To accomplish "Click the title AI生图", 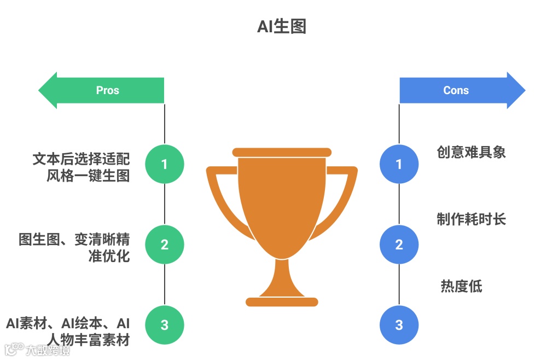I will [x=281, y=27].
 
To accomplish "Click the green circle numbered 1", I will [x=165, y=164].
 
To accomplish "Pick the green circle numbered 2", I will [x=165, y=245].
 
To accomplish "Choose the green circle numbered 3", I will [x=165, y=325].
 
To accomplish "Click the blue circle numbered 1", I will [x=399, y=164].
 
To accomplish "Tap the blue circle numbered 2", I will [x=399, y=245].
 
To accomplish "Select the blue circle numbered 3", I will [x=399, y=325].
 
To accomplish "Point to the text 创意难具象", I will [x=471, y=152].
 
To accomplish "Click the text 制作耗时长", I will [x=471, y=219].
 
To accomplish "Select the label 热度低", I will [x=461, y=286].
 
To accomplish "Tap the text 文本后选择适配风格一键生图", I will [x=82, y=167].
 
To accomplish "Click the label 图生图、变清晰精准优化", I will [x=74, y=247].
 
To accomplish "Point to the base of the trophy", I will [x=282, y=301].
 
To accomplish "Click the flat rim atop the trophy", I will [x=282, y=152].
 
